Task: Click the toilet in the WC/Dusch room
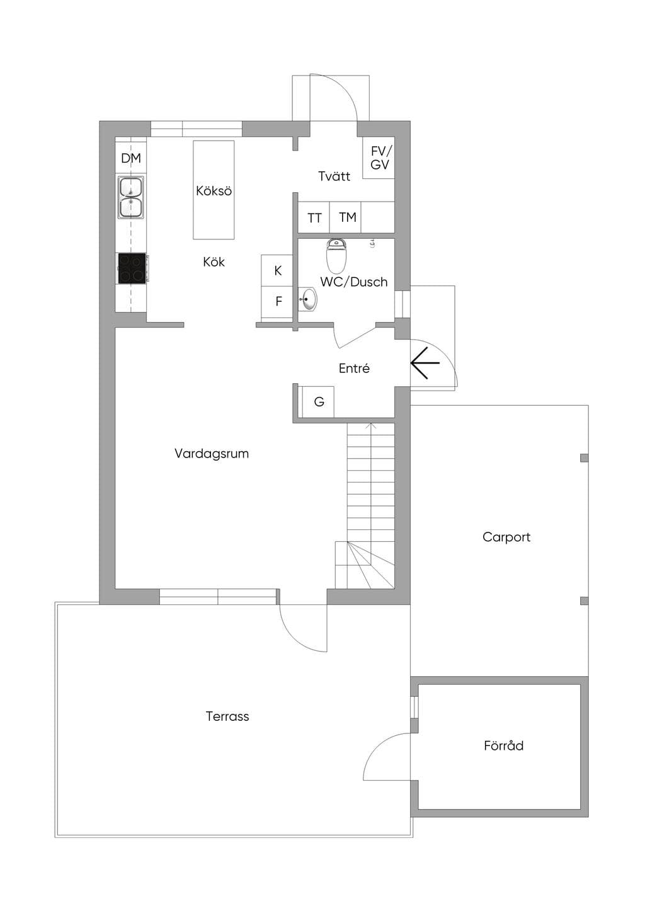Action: click(336, 256)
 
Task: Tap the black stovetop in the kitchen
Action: click(132, 268)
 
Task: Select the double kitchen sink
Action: click(131, 197)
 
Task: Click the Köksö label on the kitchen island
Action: click(214, 191)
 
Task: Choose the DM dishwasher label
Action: click(131, 158)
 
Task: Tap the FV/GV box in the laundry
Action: click(379, 158)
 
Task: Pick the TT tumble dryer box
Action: click(314, 217)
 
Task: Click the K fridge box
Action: click(277, 271)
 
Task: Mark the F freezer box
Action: click(277, 302)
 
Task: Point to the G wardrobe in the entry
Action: click(318, 402)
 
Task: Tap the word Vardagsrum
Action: click(212, 454)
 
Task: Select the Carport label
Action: click(506, 537)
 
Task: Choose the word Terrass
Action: click(227, 716)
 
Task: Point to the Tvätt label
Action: click(334, 176)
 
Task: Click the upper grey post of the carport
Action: click(585, 457)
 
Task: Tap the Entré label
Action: click(354, 368)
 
